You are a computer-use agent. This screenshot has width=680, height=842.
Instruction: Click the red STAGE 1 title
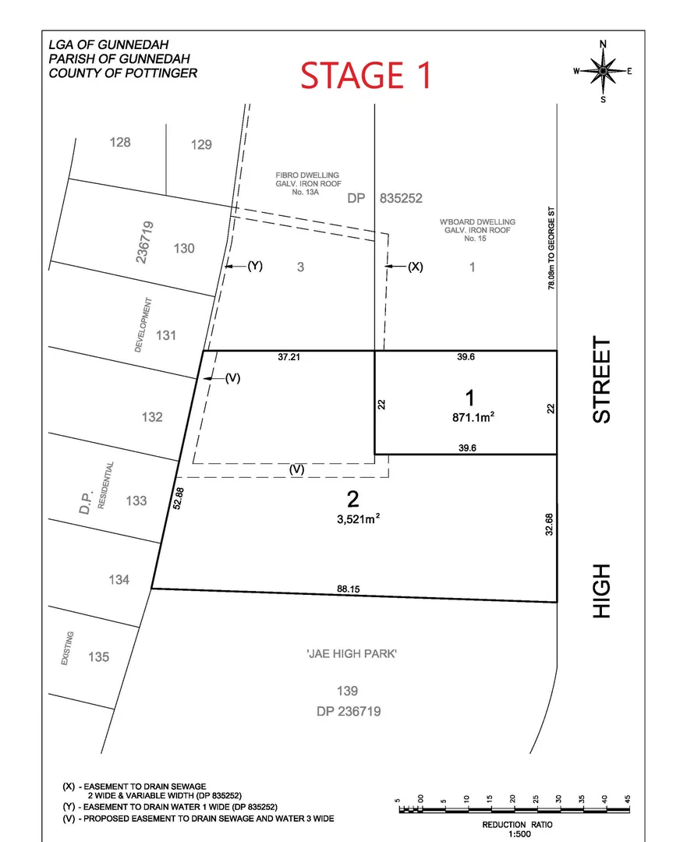click(366, 76)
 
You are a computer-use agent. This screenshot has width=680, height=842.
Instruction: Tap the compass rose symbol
click(603, 71)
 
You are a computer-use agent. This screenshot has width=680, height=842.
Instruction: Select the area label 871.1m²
click(469, 417)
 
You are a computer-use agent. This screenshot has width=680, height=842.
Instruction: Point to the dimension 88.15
click(349, 589)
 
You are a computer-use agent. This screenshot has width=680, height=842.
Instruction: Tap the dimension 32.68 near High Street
click(549, 523)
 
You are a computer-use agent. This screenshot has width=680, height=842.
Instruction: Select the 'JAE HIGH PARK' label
click(352, 653)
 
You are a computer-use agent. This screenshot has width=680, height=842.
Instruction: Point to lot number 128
click(120, 142)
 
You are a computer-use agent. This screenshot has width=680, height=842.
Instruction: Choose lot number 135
click(98, 657)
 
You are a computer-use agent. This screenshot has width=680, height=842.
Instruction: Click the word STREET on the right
click(602, 380)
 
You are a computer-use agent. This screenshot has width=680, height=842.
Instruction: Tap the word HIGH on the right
click(602, 592)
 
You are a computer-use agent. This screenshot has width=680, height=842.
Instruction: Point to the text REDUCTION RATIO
click(514, 825)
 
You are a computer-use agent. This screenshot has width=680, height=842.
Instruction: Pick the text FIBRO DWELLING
click(306, 175)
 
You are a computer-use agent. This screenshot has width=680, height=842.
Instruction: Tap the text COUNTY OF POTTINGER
click(122, 73)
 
